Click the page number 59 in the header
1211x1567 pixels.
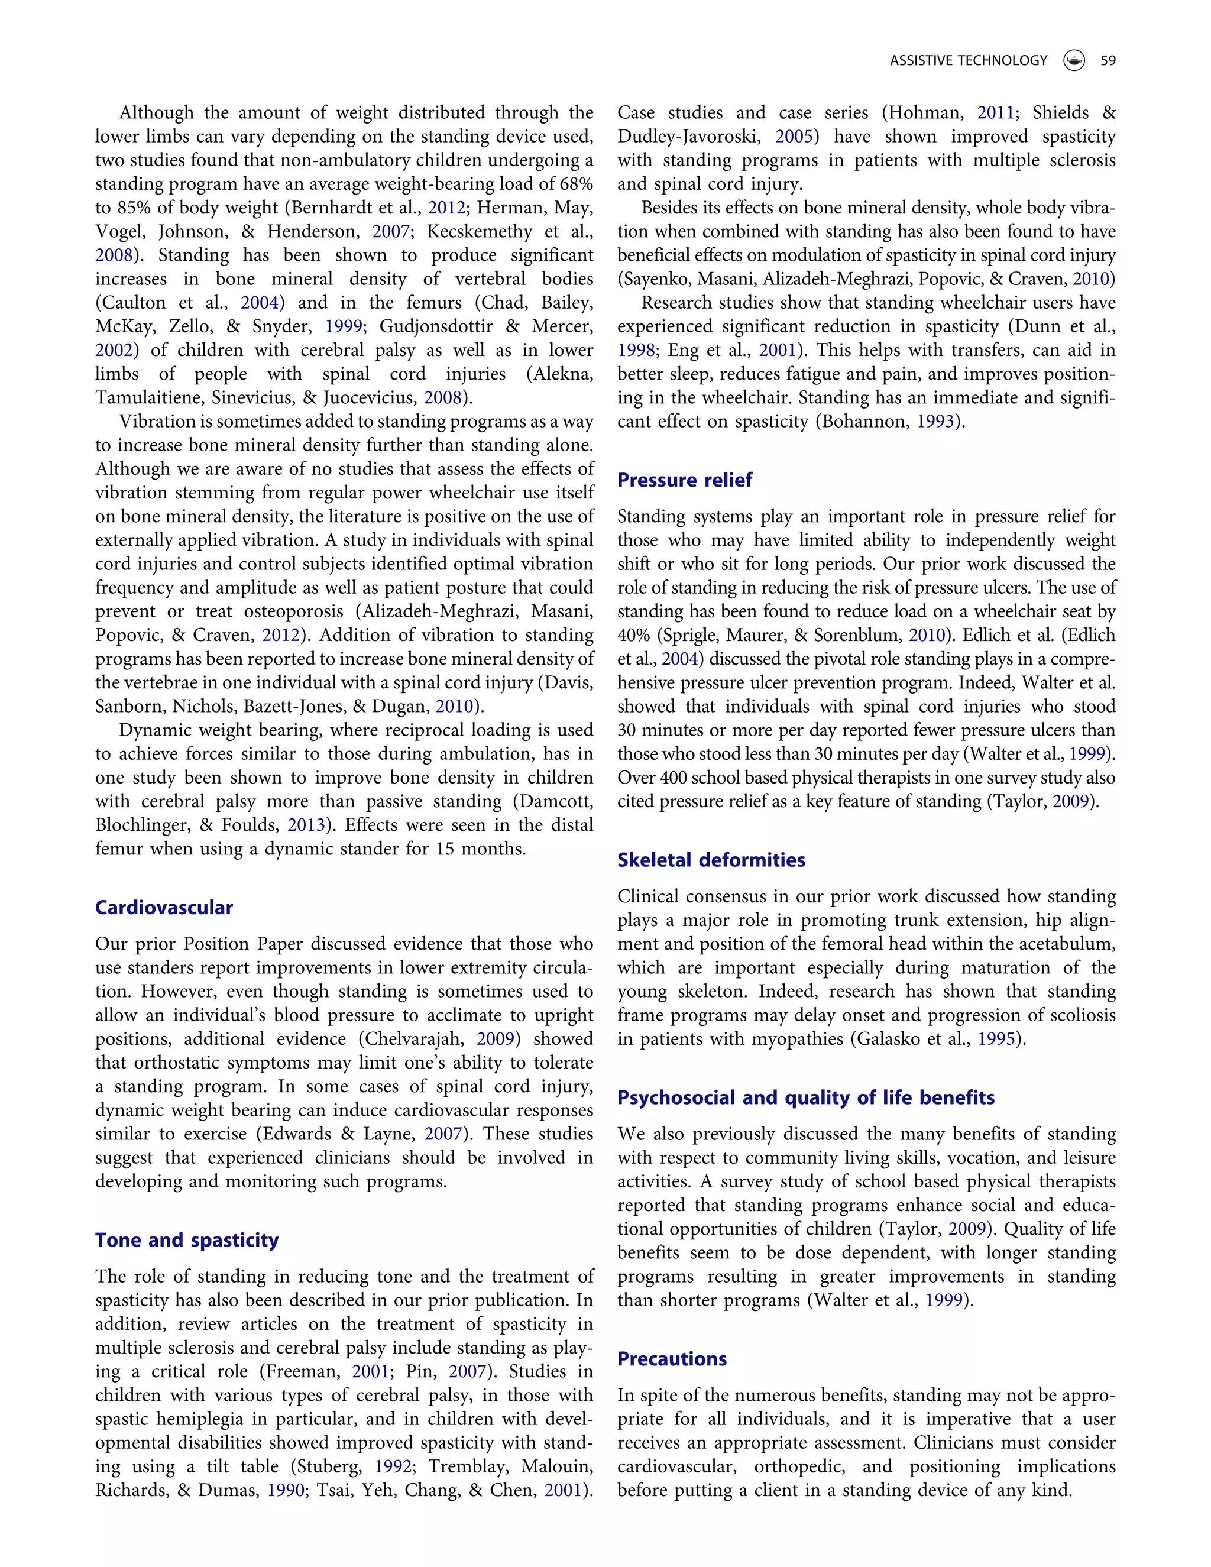[1108, 61]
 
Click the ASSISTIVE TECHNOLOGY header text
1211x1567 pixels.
[968, 61]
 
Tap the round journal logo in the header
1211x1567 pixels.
[1073, 61]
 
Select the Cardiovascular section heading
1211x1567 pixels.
[164, 908]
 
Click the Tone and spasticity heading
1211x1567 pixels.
[186, 1241]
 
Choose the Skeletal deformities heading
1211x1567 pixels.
[711, 860]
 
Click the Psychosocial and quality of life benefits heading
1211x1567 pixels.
[806, 1097]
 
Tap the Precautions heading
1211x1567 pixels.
[672, 1359]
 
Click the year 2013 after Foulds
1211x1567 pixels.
[306, 825]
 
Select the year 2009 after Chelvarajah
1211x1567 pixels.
[496, 1039]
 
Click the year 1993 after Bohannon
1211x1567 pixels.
[935, 421]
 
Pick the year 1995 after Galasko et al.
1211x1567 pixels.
[996, 1039]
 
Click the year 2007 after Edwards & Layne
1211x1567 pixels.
[443, 1134]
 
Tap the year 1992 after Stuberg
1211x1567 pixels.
[393, 1466]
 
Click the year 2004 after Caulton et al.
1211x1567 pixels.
[260, 303]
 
